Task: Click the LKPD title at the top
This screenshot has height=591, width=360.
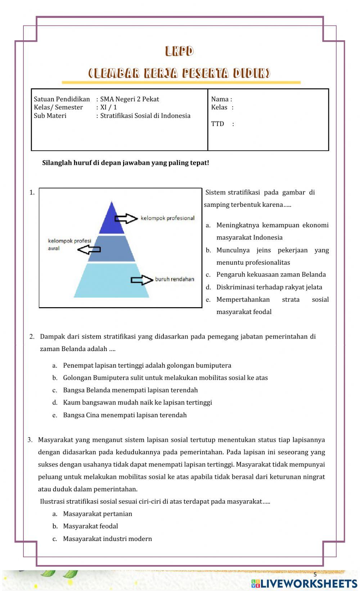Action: tap(179, 51)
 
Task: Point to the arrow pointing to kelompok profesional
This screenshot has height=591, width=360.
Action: tap(126, 218)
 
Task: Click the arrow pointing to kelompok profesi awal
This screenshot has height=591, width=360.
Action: tap(89, 249)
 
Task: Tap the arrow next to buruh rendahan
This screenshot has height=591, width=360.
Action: tap(141, 280)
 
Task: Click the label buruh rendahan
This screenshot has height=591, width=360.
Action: tap(175, 279)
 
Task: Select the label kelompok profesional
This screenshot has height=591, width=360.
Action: tap(167, 218)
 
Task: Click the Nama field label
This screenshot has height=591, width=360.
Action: tap(221, 99)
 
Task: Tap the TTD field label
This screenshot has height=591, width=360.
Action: tap(218, 124)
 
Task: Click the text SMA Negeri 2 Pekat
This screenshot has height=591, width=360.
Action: tap(129, 99)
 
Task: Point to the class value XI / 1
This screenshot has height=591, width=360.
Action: tap(108, 107)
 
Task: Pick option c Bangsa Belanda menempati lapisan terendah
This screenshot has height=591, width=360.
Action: tap(130, 390)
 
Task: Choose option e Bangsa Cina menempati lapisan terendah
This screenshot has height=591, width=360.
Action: tap(125, 415)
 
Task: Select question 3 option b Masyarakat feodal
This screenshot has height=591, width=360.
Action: tap(90, 526)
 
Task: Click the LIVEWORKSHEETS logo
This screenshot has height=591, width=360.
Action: tap(304, 583)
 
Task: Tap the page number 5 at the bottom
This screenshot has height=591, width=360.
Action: tap(315, 574)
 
